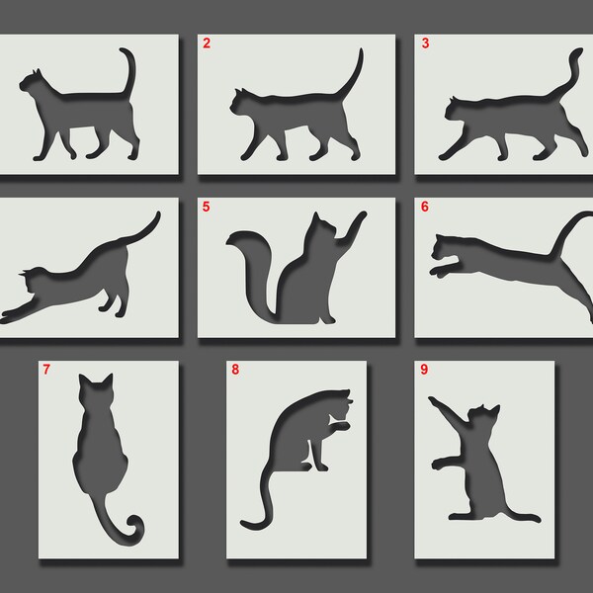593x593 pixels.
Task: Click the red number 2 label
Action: click(206, 42)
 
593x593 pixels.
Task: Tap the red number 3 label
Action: click(425, 42)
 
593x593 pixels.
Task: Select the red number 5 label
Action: click(206, 207)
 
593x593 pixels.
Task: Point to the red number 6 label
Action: click(425, 207)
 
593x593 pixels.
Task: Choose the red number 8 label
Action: click(234, 371)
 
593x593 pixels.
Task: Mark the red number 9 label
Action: click(425, 371)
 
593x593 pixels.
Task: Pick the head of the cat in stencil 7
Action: click(97, 393)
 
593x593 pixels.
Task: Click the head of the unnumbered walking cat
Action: click(32, 83)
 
